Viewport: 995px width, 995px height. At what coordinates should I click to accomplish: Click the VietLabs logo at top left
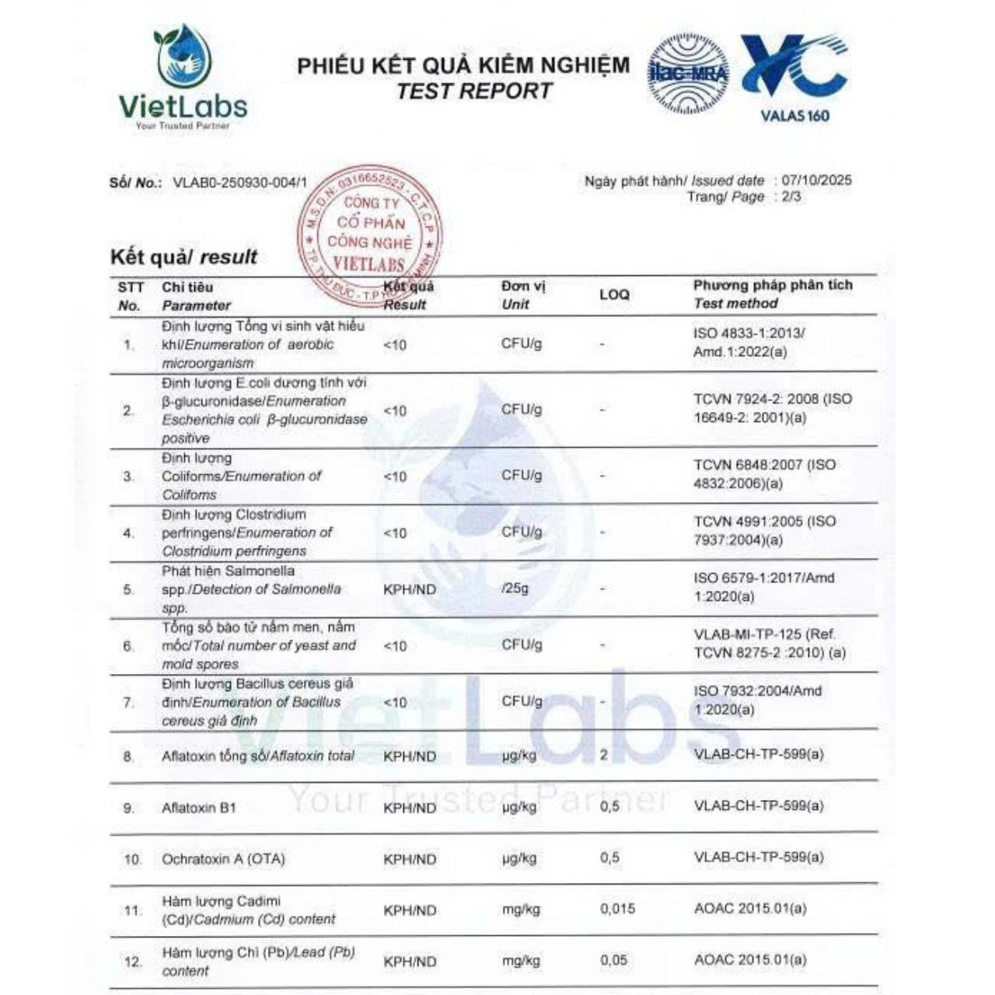[183, 78]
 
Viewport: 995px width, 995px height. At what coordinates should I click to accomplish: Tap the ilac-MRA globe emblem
[688, 74]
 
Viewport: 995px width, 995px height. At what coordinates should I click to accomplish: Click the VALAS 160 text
[794, 117]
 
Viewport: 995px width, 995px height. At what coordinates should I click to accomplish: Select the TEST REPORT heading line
[473, 91]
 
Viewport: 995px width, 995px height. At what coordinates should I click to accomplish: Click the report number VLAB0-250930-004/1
[239, 183]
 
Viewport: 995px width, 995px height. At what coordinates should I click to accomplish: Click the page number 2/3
[791, 197]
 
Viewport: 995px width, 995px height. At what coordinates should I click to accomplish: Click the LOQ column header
[614, 295]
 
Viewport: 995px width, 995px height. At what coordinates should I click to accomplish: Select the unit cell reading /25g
[515, 588]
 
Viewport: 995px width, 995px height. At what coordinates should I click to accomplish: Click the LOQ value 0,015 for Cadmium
[617, 908]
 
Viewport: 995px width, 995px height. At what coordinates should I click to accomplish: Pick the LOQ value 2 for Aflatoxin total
[604, 755]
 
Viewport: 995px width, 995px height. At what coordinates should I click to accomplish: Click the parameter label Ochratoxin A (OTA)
[223, 859]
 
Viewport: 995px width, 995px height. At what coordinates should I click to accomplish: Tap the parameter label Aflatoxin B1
[198, 808]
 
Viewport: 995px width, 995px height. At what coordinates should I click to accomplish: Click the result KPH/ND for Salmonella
[410, 589]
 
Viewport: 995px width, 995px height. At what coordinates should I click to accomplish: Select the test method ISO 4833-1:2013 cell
[749, 342]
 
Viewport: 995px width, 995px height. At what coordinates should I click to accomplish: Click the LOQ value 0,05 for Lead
[613, 960]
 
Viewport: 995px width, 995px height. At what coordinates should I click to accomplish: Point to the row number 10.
[132, 860]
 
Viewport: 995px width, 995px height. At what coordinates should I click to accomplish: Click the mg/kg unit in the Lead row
[521, 961]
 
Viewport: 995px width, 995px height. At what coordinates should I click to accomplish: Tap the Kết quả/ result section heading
[183, 257]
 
